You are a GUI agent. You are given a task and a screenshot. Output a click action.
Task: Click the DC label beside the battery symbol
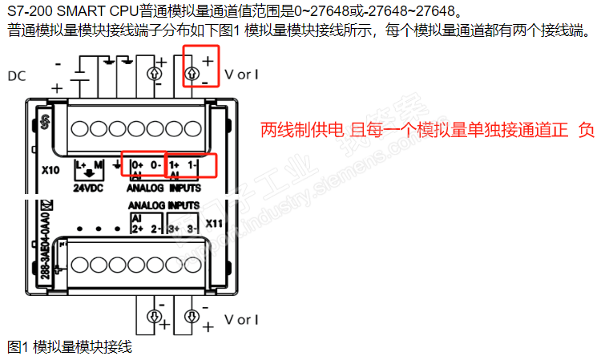[16, 76]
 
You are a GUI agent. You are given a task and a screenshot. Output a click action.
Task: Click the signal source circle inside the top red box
[192, 75]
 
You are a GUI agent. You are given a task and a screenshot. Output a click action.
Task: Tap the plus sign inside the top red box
[208, 61]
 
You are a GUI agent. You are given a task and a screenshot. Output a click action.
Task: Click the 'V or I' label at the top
[241, 75]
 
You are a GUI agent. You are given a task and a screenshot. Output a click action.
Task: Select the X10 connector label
[50, 171]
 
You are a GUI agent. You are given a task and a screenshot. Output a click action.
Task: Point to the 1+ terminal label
[175, 164]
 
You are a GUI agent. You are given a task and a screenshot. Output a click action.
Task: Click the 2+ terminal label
[136, 228]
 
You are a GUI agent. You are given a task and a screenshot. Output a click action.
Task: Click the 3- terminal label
[192, 228]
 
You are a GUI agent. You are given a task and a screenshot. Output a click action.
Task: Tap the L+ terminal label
[80, 164]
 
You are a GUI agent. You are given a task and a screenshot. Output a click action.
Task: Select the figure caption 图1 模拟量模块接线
[69, 347]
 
